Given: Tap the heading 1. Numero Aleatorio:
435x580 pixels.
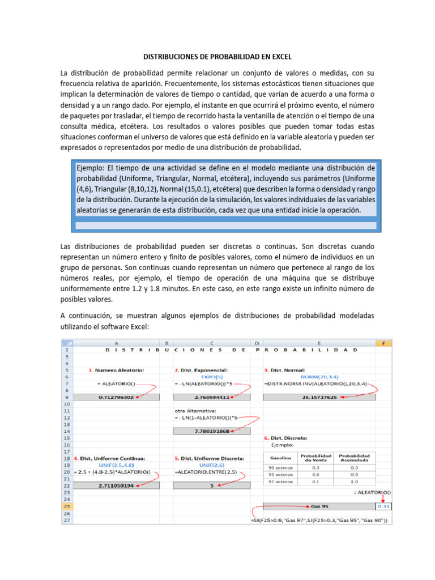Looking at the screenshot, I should click(116, 370).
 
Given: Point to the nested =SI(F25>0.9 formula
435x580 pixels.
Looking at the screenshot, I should click(319, 520).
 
